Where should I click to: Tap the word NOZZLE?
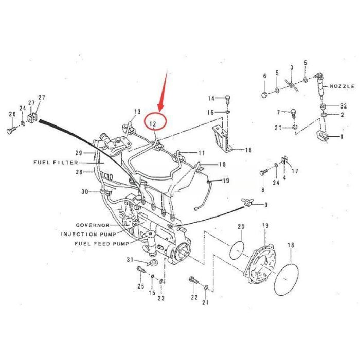coord(342,86)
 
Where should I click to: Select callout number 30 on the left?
coord(85,192)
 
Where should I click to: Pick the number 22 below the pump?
coord(193,297)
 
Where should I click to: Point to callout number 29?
coord(78,153)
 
